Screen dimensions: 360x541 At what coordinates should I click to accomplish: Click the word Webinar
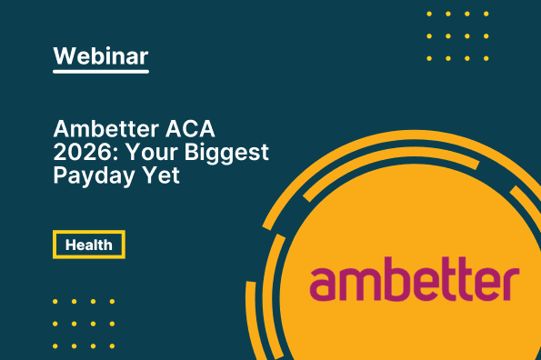[100, 55]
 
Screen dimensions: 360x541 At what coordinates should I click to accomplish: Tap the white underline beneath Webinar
[100, 72]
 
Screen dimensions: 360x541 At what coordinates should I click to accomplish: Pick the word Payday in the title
[90, 175]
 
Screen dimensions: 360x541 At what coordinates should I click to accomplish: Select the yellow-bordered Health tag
[88, 245]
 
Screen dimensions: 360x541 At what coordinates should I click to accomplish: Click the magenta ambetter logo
[414, 283]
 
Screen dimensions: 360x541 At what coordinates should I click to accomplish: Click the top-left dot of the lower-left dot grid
[55, 301]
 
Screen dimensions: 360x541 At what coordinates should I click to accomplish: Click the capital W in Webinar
[65, 55]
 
